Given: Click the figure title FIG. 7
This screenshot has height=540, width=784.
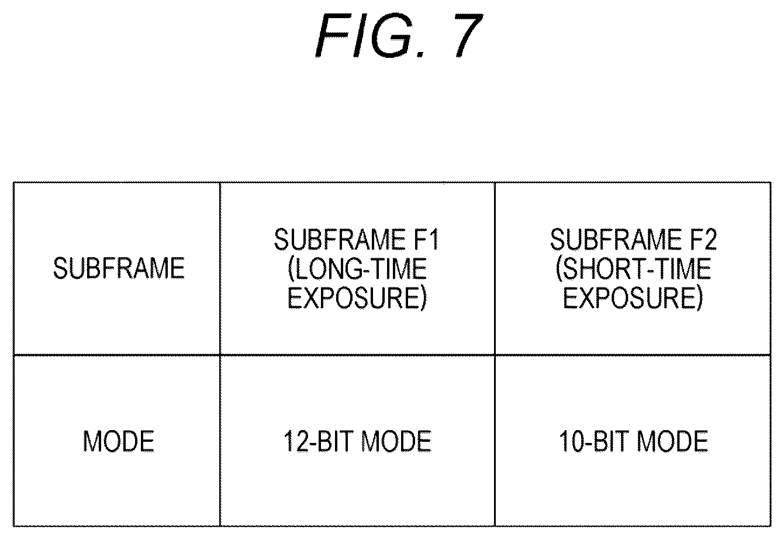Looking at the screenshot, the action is tap(399, 35).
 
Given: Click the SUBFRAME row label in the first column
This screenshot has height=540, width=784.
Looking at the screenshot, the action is tap(119, 268).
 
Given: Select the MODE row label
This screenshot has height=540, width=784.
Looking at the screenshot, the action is tap(118, 441).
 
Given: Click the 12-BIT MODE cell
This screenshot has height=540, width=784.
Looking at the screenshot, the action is tap(357, 441).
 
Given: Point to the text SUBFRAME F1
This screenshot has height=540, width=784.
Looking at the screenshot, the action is tap(357, 240).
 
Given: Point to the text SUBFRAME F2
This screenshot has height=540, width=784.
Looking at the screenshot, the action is tap(634, 240).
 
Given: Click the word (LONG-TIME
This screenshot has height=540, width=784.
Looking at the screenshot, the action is tap(357, 269).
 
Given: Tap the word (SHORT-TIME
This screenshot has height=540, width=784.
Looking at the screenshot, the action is tap(634, 269).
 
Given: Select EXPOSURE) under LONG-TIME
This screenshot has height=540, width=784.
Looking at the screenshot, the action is tap(357, 298).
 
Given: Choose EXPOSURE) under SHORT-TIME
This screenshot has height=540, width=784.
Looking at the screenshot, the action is tap(633, 298).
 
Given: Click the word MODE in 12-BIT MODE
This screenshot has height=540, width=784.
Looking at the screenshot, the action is tap(396, 441).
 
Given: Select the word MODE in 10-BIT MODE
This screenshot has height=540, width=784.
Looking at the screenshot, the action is tap(672, 441).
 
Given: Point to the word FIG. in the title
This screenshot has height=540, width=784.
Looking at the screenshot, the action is tap(369, 35).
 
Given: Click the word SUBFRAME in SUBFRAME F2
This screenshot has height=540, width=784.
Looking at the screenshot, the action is tap(616, 240).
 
